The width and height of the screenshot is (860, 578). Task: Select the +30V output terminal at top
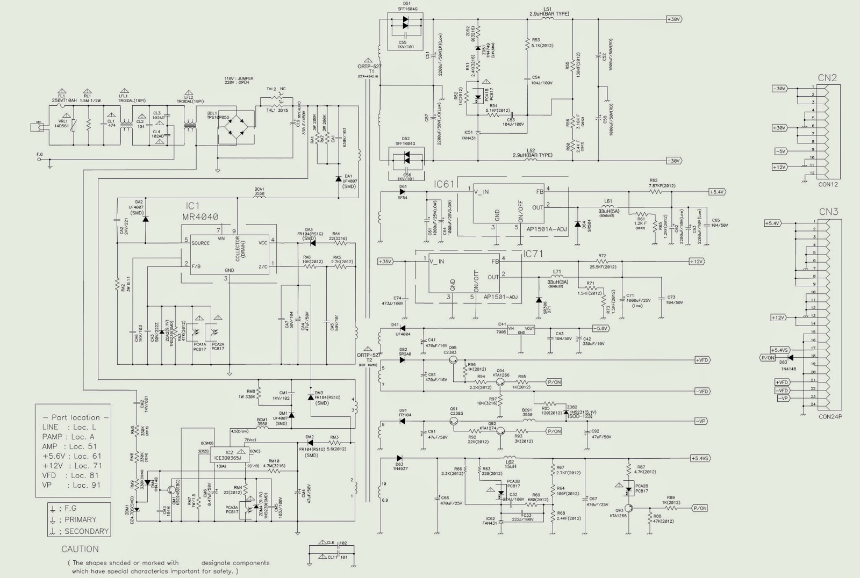(x=673, y=19)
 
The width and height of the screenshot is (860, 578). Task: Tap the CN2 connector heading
(x=827, y=78)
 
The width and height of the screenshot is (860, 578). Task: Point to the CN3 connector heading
(x=828, y=212)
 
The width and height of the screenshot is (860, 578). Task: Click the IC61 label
(x=444, y=184)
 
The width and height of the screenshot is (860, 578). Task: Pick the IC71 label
(x=533, y=254)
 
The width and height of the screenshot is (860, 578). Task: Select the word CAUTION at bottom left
(x=80, y=549)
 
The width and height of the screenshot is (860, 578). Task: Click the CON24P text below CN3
(x=830, y=416)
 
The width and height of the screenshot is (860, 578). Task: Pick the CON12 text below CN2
(x=828, y=184)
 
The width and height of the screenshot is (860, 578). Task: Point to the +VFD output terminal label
(x=702, y=360)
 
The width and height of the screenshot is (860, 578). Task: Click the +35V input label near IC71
(x=385, y=262)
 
